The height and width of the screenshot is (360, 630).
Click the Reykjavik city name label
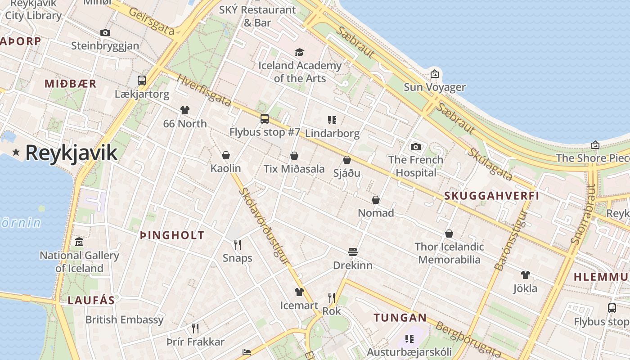[71, 153]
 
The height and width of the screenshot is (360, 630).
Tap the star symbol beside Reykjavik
[16, 153]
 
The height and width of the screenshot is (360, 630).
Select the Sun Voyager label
[434, 87]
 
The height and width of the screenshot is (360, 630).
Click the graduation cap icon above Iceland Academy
[299, 53]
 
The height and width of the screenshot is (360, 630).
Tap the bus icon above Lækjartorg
[142, 81]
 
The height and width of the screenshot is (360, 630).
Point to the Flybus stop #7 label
[265, 132]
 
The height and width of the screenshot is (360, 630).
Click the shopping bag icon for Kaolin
[226, 155]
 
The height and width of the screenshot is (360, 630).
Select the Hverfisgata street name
[204, 90]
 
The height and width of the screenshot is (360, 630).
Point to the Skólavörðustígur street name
[264, 225]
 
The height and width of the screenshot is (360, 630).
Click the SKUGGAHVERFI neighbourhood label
[491, 196]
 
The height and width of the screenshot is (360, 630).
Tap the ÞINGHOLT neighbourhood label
[172, 235]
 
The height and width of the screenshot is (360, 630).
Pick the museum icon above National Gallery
[79, 242]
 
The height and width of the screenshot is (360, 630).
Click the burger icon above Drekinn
[352, 252]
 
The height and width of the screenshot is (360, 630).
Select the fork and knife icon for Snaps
[238, 245]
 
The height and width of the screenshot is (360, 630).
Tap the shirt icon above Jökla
[525, 275]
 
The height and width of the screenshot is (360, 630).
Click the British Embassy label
[124, 320]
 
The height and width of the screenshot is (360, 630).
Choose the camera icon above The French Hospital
[416, 147]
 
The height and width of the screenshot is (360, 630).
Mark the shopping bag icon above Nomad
[376, 200]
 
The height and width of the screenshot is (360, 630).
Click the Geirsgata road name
[151, 21]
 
